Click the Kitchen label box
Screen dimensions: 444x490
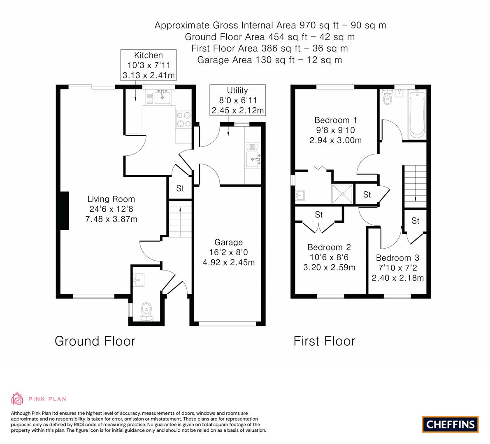(x=149, y=65)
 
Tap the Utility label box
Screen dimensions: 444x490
(x=237, y=100)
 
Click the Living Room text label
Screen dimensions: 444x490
(x=111, y=209)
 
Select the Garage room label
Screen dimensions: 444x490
(x=228, y=252)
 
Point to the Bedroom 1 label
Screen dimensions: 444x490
(x=335, y=130)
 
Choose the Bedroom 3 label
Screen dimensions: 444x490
(x=397, y=268)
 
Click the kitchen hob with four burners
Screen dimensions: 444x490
(x=183, y=120)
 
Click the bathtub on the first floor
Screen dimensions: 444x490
(x=417, y=113)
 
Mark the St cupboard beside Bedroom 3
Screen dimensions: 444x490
(x=416, y=221)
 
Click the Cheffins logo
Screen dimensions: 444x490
(x=450, y=424)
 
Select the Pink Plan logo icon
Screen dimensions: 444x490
(x=17, y=398)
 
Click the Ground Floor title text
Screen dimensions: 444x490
(x=95, y=341)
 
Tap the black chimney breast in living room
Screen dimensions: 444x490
(x=64, y=211)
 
